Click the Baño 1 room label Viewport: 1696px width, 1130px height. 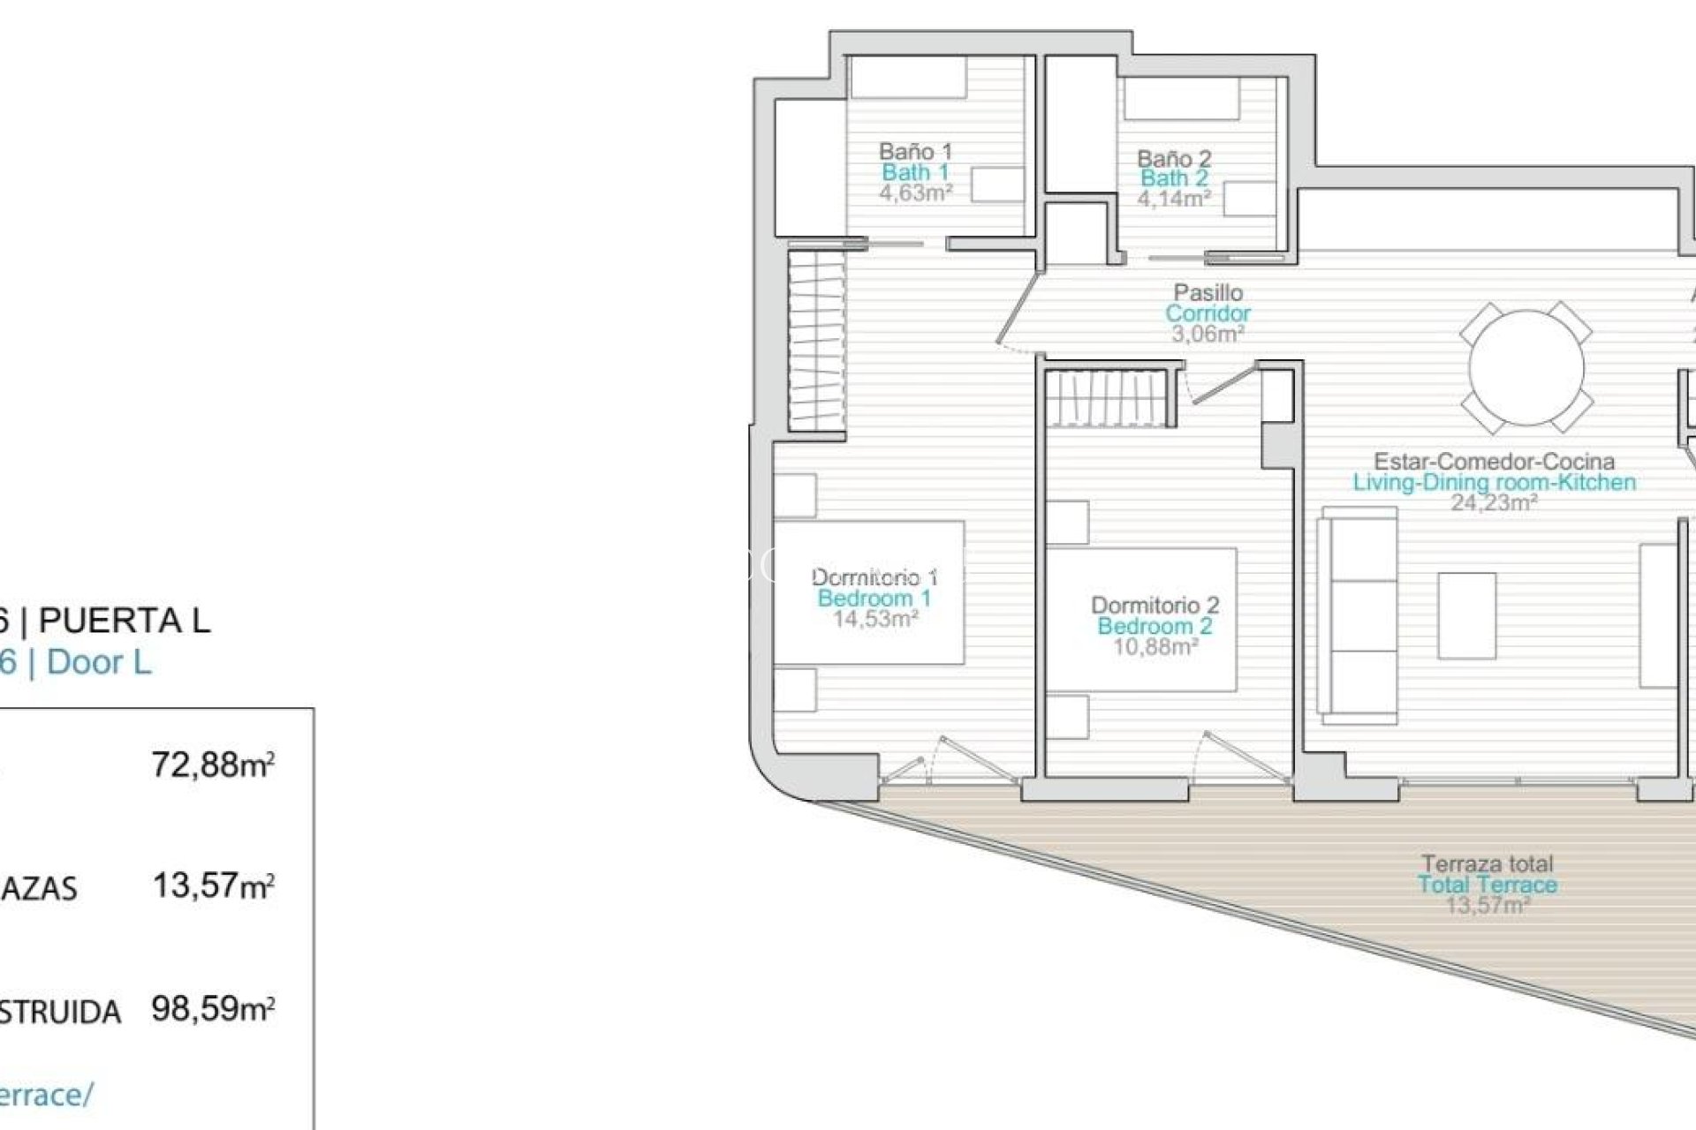tap(915, 151)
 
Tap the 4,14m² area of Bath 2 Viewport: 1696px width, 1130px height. tap(1173, 199)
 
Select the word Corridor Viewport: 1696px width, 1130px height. tap(1208, 313)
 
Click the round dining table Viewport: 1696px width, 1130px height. tap(1526, 368)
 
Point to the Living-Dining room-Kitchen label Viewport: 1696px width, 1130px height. tap(1494, 482)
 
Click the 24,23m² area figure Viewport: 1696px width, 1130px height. tap(1494, 503)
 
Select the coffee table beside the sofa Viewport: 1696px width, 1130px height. tap(1466, 615)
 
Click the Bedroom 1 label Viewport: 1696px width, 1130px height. tap(874, 599)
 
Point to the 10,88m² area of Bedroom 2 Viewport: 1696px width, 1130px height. tap(1155, 647)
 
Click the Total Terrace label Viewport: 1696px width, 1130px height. tap(1488, 885)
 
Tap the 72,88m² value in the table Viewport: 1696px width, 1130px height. tap(213, 765)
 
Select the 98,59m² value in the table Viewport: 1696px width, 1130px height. tap(213, 1008)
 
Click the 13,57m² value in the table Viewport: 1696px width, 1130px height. tap(213, 885)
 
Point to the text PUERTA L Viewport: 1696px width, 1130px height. tap(125, 621)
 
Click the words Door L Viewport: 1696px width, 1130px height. tap(99, 662)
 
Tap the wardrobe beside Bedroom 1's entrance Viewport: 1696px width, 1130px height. tap(816, 341)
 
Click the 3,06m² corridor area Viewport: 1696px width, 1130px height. tap(1208, 335)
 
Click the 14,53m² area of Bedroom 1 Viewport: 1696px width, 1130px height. tap(874, 619)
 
